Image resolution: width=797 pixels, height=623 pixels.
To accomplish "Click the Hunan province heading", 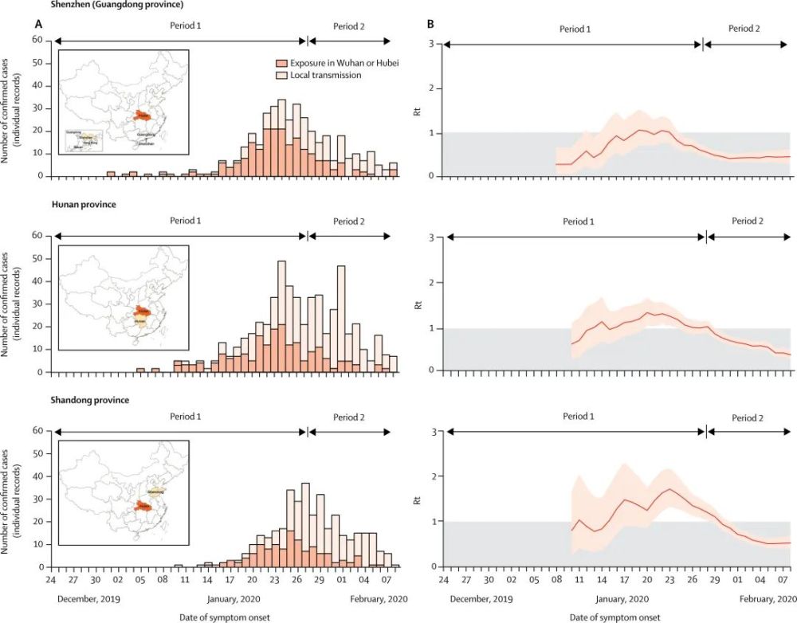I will point(80,205).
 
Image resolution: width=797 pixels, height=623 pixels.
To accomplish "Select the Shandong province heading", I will point(88,400).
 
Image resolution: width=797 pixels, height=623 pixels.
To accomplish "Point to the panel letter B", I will point(430,25).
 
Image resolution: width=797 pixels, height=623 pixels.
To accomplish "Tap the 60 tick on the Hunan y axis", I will point(37,235).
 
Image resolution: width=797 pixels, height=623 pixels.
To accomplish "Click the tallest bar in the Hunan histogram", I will point(281,315).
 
